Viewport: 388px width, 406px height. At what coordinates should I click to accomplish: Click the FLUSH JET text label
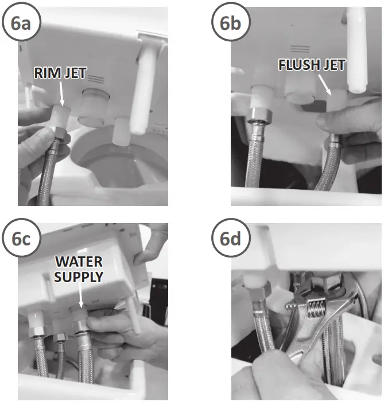click(312, 65)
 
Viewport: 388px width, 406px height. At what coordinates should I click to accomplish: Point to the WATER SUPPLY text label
click(79, 269)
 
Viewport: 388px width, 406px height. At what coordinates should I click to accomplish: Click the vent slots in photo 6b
click(299, 49)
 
